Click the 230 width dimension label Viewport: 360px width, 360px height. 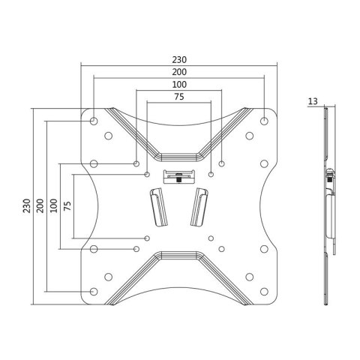coord(178,60)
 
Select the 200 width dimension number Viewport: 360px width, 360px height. coord(178,73)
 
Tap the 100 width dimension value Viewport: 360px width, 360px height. coord(178,85)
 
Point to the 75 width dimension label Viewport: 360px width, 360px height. coord(178,97)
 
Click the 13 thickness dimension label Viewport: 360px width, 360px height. coord(313,100)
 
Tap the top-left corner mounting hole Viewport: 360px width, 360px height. coord(92,121)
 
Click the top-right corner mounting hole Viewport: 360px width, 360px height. coord(265,121)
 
